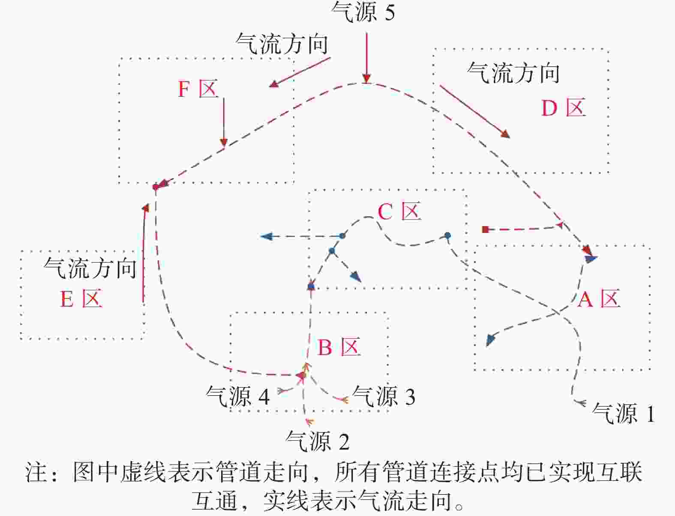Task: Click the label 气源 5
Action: coord(363,12)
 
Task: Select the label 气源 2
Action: coord(318,441)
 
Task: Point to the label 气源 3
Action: coord(384,396)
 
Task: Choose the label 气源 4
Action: coord(238,396)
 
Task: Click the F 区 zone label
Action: coord(198,89)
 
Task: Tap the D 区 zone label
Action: coord(564,107)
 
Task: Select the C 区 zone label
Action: coord(399,211)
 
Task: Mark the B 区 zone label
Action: coord(339,347)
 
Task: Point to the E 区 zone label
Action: coord(81,298)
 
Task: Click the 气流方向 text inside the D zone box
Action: coord(513,73)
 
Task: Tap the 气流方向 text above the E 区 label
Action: coord(90,268)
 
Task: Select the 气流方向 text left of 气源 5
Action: coord(282,44)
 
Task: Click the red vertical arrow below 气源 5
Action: coord(366,58)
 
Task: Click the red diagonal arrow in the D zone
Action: coord(475,112)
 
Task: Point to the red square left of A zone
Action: coord(486,230)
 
